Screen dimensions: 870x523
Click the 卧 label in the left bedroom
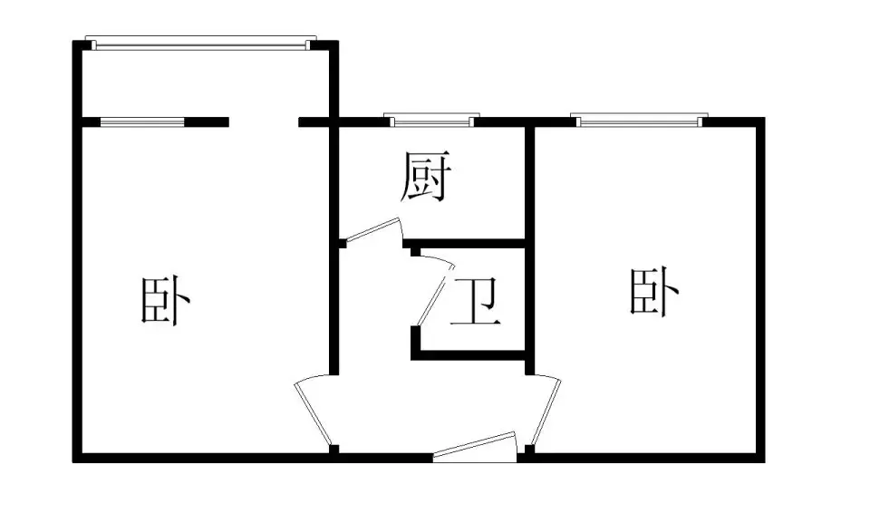165,300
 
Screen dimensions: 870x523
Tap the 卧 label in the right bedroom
654,292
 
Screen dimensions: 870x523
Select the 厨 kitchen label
426,177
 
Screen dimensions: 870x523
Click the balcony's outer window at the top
200,44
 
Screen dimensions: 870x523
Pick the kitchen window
431,120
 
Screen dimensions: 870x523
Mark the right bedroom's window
639,120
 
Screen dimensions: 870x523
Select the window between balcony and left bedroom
142,122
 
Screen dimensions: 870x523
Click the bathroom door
434,291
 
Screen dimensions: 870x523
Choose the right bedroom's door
545,410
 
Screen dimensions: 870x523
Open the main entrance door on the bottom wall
476,447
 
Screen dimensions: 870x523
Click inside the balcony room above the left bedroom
206,83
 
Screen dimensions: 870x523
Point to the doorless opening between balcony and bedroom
264,122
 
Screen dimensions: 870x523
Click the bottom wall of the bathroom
469,355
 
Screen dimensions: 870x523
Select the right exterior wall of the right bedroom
760,290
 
